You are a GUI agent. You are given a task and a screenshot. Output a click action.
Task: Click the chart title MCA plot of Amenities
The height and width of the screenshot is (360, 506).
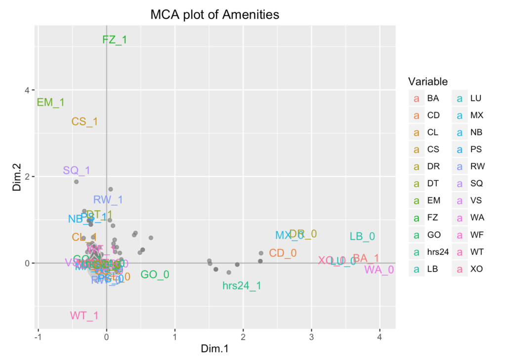(x=215, y=15)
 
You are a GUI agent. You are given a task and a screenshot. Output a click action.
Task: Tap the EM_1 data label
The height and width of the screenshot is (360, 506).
(x=51, y=103)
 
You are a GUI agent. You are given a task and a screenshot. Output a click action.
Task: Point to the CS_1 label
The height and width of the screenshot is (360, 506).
(x=84, y=121)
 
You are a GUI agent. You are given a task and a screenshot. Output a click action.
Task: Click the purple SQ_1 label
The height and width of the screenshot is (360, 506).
(x=77, y=170)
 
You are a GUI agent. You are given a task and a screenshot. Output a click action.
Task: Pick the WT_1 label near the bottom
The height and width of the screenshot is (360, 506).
(x=84, y=316)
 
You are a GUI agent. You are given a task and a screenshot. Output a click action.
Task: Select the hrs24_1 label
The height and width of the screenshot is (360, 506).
(x=242, y=285)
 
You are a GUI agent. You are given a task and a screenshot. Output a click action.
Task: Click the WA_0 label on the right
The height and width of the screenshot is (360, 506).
(x=379, y=270)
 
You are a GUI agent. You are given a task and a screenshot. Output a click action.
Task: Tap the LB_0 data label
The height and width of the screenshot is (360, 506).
(x=362, y=237)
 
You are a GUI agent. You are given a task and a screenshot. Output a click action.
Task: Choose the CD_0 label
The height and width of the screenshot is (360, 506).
(x=283, y=253)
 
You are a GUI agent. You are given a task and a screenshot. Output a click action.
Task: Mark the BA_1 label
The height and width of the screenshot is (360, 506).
(x=366, y=258)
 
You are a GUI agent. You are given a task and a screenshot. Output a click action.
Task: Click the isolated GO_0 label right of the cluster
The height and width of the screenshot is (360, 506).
(x=155, y=275)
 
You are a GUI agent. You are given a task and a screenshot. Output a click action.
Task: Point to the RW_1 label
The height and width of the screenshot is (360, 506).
(x=108, y=200)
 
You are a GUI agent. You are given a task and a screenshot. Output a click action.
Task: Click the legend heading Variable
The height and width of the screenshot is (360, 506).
(x=428, y=81)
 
